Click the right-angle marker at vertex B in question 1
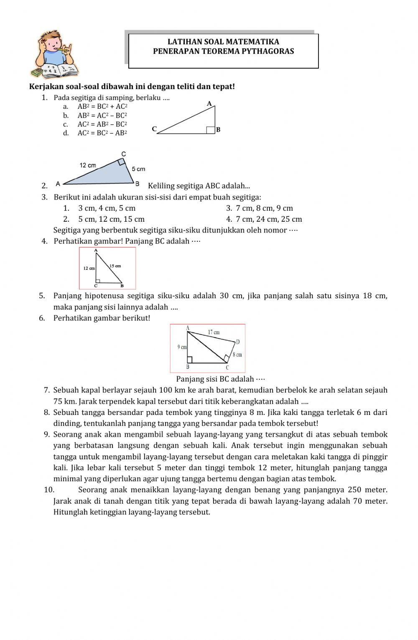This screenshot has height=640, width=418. (x=211, y=130)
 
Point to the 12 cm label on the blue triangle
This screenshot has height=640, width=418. (x=88, y=165)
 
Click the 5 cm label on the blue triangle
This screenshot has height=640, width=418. (x=138, y=169)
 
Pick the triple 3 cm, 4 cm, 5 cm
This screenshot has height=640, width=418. (x=107, y=208)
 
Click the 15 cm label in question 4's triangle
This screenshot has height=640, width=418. (x=115, y=266)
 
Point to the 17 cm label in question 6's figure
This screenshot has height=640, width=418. (x=214, y=332)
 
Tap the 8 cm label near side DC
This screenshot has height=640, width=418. (x=237, y=355)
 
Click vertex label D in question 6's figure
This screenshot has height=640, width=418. (x=237, y=342)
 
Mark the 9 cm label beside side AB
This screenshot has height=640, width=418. (x=182, y=347)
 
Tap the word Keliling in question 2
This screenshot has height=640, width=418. (x=161, y=186)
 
